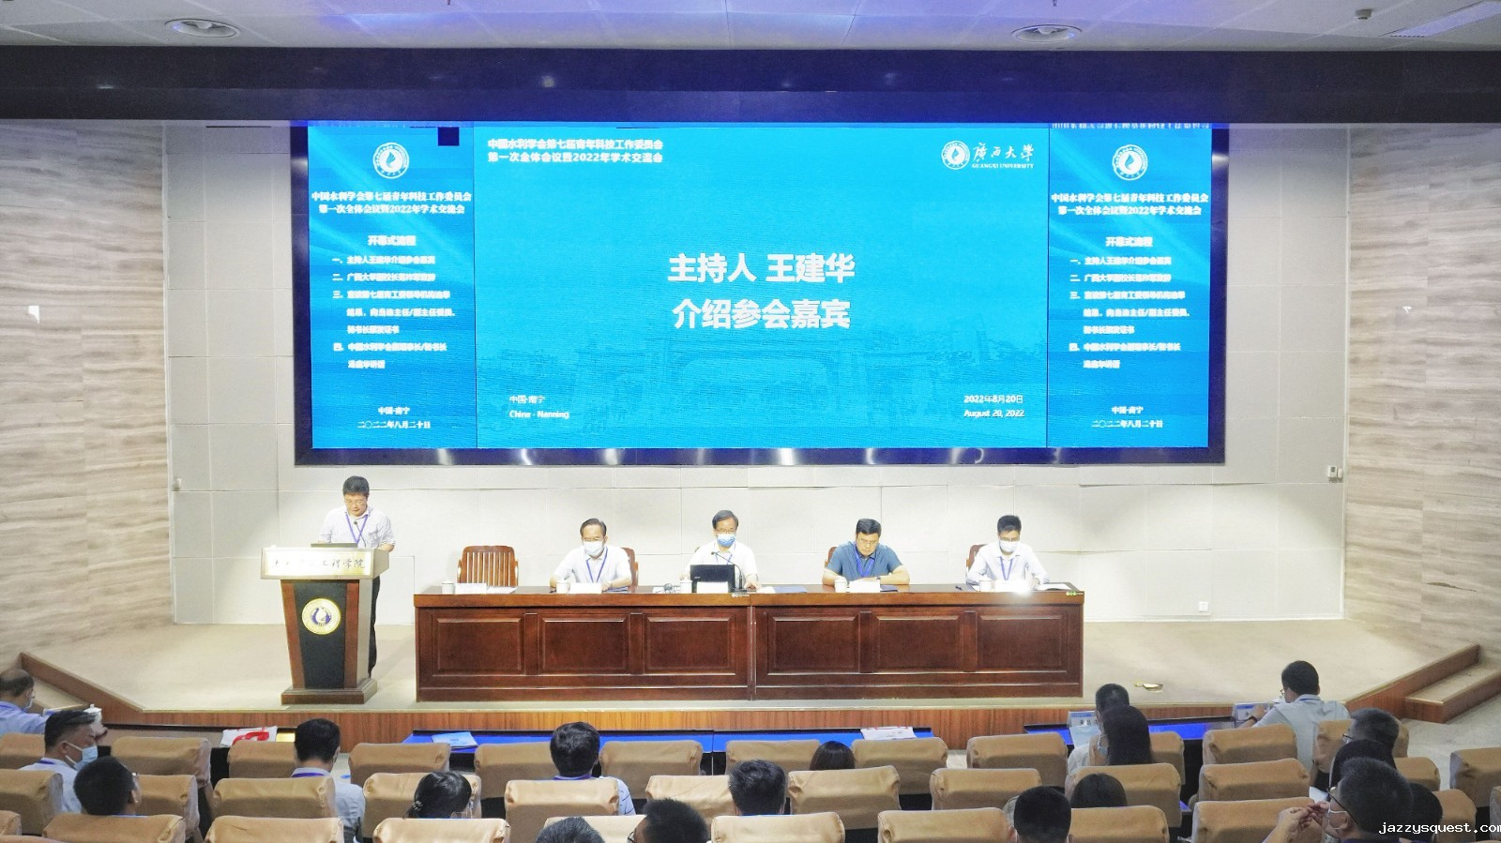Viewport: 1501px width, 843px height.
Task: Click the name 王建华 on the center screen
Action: click(x=811, y=269)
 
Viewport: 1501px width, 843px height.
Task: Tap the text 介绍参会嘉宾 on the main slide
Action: click(x=761, y=315)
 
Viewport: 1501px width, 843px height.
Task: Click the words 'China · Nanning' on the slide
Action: click(x=538, y=414)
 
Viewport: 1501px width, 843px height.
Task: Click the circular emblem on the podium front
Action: click(x=321, y=616)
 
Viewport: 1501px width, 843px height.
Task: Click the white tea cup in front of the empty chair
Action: click(x=564, y=585)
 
